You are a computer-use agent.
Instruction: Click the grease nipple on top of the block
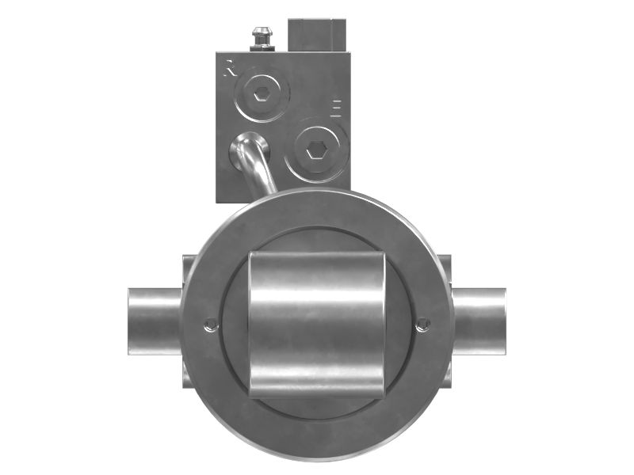[260, 36]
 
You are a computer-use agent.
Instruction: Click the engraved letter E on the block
[336, 108]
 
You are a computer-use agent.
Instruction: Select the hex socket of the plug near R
[262, 93]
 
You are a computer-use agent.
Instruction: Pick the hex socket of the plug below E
[316, 149]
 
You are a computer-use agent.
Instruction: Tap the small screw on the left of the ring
[210, 324]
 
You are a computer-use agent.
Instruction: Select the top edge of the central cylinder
[317, 255]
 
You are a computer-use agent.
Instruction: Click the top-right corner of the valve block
[348, 54]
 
